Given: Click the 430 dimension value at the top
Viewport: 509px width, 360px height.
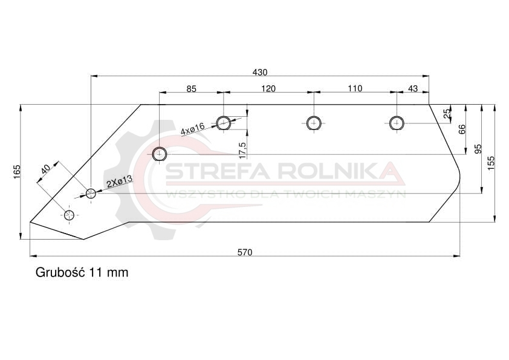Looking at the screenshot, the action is point(260,72).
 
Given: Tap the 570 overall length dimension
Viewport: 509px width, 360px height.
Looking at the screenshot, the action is point(245,252).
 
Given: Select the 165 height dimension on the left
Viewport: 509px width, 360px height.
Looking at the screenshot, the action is point(17,172).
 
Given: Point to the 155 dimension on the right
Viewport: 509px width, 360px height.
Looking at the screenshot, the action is point(491,163).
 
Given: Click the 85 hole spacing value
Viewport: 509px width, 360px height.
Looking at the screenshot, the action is point(192,89).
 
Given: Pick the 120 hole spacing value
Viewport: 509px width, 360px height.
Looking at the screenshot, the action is point(268,88).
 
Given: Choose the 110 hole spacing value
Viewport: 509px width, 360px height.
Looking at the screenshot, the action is point(355,88).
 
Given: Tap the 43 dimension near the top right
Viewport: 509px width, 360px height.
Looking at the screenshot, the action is point(413,88).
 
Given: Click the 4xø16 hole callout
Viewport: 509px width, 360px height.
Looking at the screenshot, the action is point(192,128).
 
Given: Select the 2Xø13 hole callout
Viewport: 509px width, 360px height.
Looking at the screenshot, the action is point(120,182).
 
